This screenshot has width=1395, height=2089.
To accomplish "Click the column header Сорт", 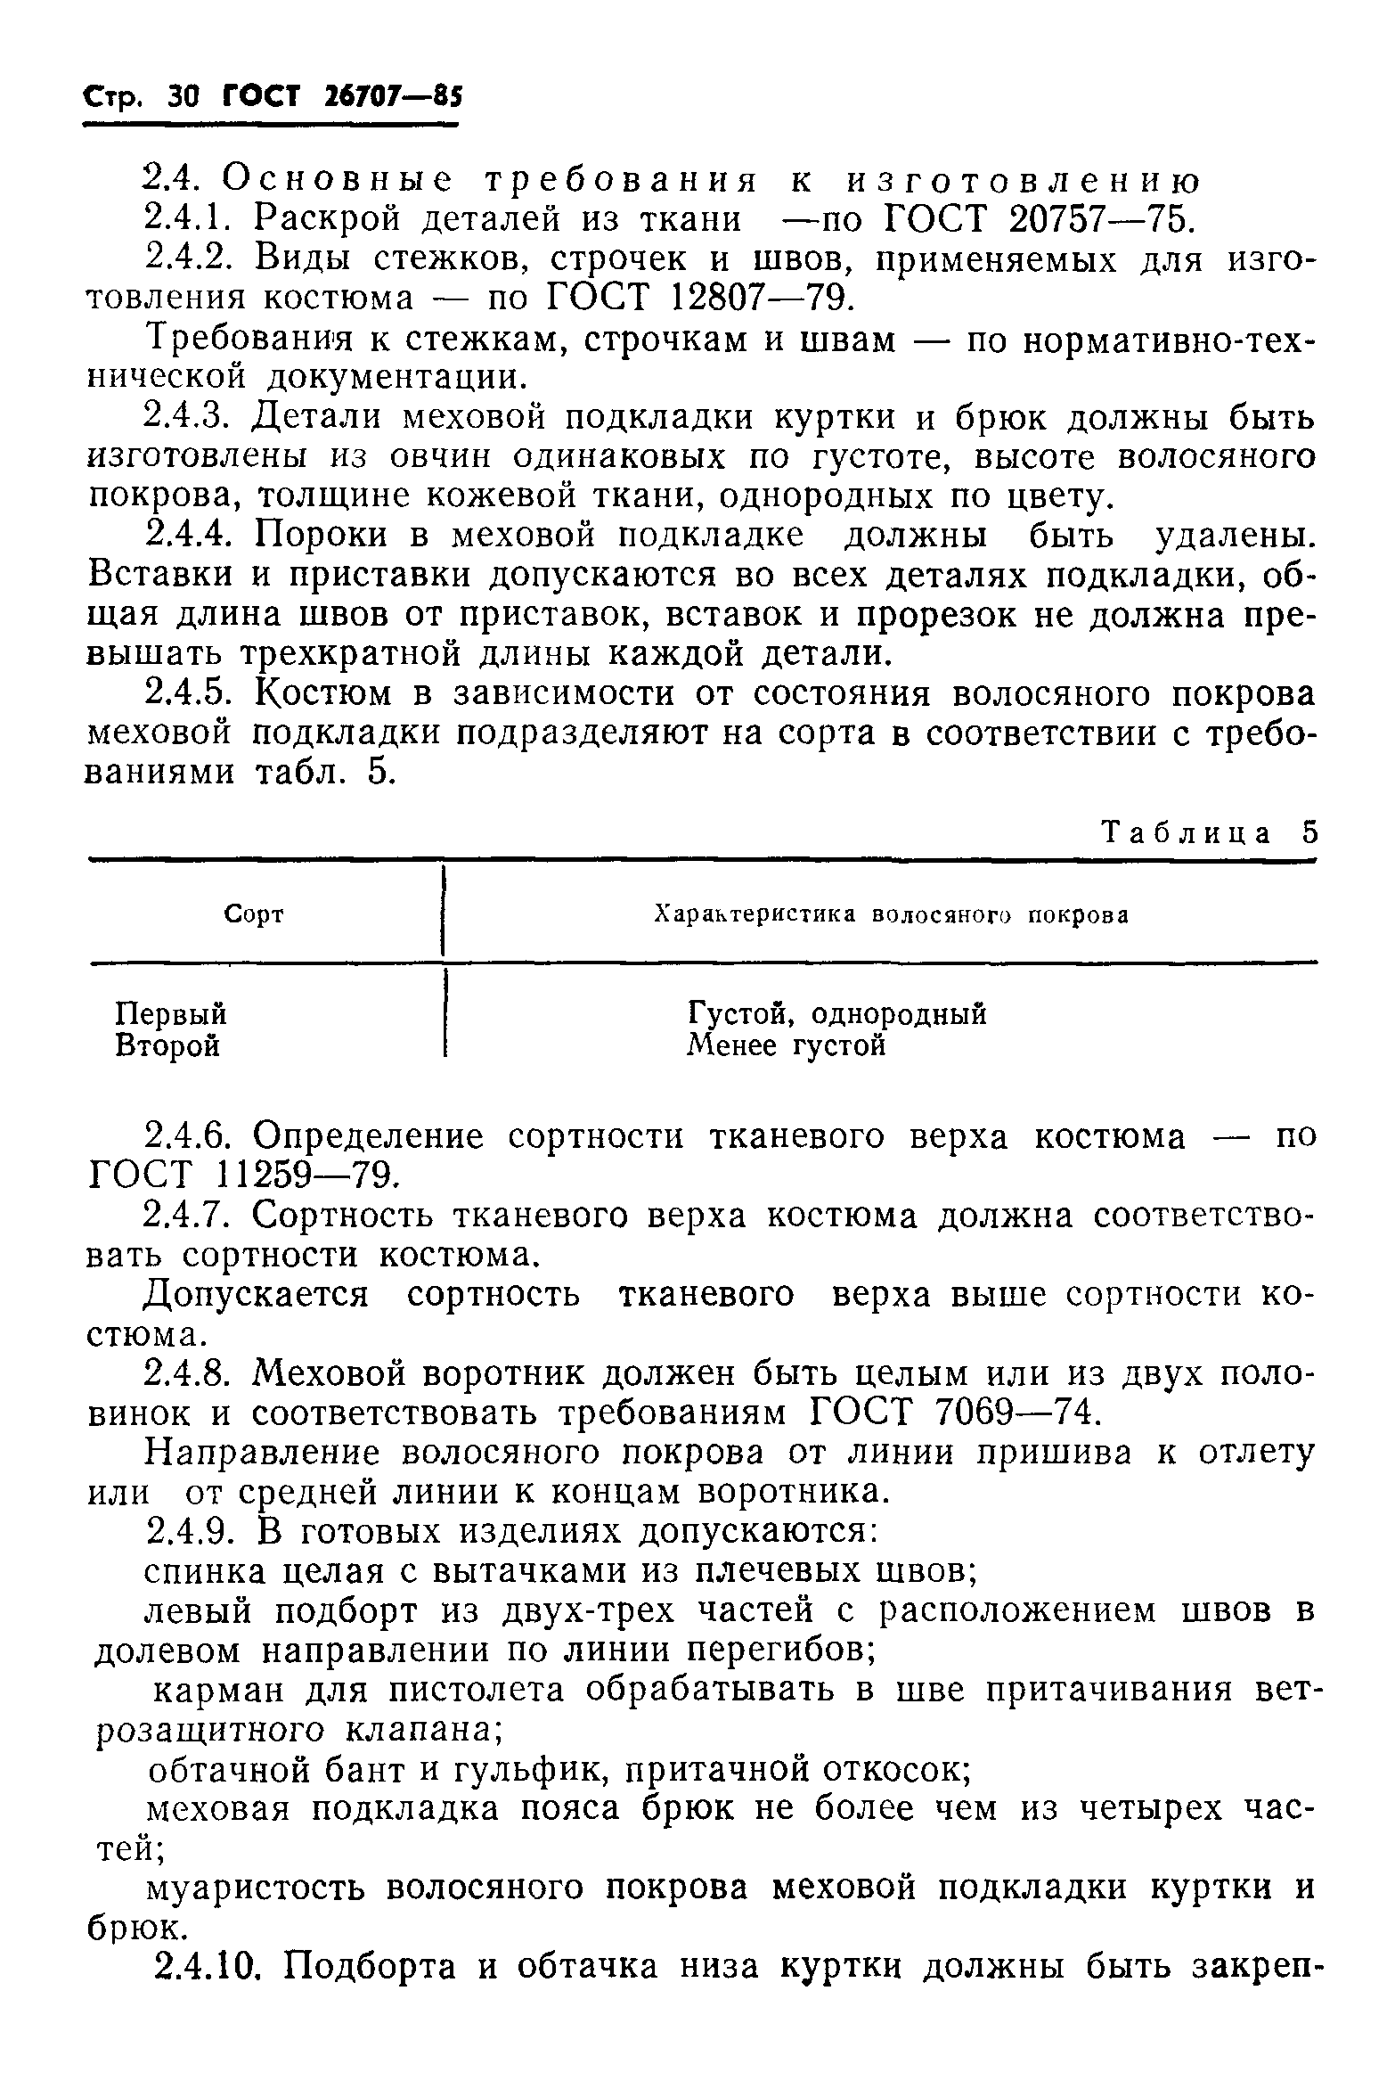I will click(x=254, y=914).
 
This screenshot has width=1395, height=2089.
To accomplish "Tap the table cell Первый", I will click(x=171, y=1014).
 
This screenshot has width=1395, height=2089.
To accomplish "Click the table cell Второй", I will click(x=167, y=1044).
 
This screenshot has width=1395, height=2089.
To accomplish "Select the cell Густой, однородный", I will click(x=836, y=1014).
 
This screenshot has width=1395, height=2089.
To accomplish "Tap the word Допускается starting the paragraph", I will click(x=257, y=1295).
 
